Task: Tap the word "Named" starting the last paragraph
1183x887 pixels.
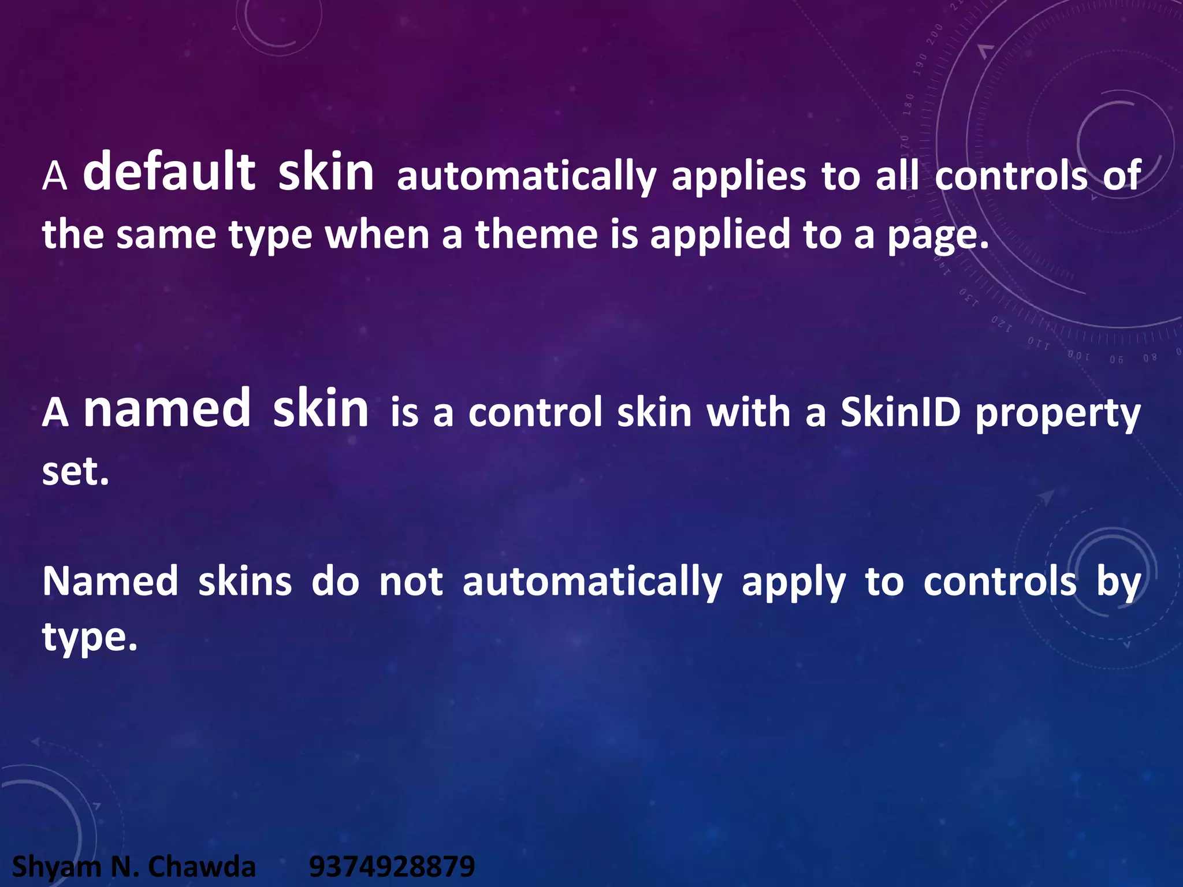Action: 110,582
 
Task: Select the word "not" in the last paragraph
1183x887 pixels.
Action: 411,582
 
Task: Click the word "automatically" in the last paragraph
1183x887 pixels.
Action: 592,583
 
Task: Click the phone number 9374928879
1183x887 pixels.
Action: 392,867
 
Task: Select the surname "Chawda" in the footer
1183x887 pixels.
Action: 202,867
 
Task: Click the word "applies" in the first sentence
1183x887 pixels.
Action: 739,177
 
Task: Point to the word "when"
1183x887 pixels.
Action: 377,235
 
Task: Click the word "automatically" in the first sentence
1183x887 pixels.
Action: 526,177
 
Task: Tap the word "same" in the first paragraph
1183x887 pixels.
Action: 166,235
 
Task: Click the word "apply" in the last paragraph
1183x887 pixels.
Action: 794,583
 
